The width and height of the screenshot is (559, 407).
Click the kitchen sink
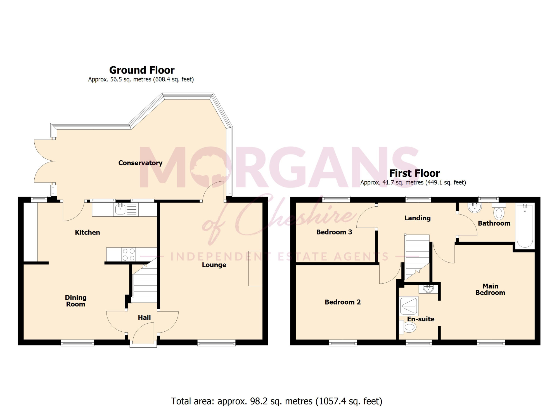point(126,209)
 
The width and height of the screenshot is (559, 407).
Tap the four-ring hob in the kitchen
point(129,254)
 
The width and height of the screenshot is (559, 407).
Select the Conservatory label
point(140,163)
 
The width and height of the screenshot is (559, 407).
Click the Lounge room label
point(214,265)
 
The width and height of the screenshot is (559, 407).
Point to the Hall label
point(144,317)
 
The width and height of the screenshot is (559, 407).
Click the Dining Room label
point(76,301)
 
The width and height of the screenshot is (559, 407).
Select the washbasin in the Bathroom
point(474,207)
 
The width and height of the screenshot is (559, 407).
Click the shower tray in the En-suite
point(409,306)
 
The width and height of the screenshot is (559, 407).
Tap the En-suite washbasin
point(428,289)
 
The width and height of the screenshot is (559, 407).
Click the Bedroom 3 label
point(334,232)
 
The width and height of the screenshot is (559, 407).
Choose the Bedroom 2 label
point(343,302)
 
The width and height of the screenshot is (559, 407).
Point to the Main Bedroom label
point(490,289)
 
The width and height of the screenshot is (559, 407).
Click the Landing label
point(417,218)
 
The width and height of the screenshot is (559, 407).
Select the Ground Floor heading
point(142,70)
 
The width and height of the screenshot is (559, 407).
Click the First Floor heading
point(414,173)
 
